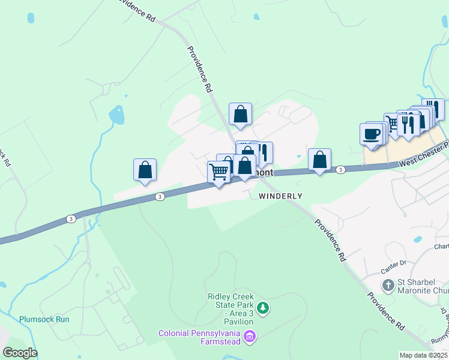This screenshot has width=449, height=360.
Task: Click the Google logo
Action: coord(19,353)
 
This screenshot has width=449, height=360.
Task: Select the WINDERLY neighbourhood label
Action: coord(280,196)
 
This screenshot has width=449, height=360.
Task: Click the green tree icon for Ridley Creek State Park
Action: coord(262,308)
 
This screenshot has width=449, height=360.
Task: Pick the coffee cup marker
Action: coord(372,133)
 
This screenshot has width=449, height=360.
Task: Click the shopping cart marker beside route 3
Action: coord(219,172)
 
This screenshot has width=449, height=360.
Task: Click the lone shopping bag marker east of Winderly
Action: coord(320,160)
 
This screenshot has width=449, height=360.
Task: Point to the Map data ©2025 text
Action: coord(423,355)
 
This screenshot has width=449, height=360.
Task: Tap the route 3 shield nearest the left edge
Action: coord(71,219)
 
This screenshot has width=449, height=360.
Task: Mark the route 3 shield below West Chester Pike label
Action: coord(340,170)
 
